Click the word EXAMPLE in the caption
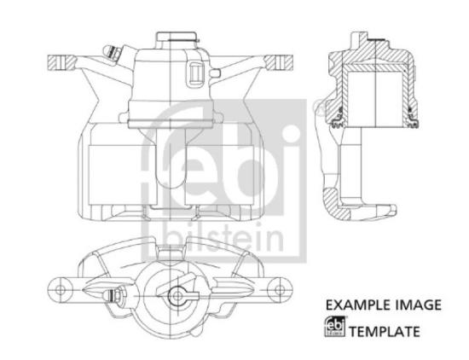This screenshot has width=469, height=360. [358, 305]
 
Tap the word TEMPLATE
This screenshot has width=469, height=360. [385, 332]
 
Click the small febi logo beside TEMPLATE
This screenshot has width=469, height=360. [335, 327]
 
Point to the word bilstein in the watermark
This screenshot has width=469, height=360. [223, 239]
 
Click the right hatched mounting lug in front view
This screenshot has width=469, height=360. [279, 62]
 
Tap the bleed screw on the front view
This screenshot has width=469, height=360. [113, 53]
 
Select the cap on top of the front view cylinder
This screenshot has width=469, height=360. [177, 38]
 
